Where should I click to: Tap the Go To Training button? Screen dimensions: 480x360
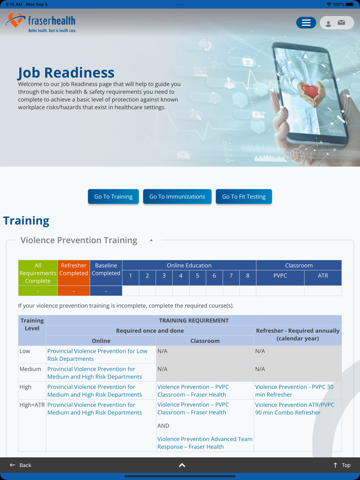113,196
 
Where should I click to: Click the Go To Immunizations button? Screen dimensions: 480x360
177,196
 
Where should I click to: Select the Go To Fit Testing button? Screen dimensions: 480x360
244,196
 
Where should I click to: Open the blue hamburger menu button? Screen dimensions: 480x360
306,23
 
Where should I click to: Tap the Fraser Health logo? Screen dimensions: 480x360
41,23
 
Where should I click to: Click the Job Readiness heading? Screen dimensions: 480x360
66,72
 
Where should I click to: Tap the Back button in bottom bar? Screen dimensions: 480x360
21,465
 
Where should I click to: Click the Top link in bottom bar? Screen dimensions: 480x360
342,465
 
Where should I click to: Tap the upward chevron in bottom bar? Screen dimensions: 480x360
182,465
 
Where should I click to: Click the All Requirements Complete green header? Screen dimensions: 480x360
38,273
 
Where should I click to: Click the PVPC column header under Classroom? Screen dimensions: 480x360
280,276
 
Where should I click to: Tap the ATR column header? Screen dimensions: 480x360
322,276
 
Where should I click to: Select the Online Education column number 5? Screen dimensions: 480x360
197,276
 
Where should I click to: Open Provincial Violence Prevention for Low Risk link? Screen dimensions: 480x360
97,355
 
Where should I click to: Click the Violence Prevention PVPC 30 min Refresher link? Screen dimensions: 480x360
294,391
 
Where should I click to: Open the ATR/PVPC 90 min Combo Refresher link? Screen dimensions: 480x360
294,409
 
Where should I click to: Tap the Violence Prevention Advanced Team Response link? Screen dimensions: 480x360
205,442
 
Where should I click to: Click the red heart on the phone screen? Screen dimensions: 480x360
311,91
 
